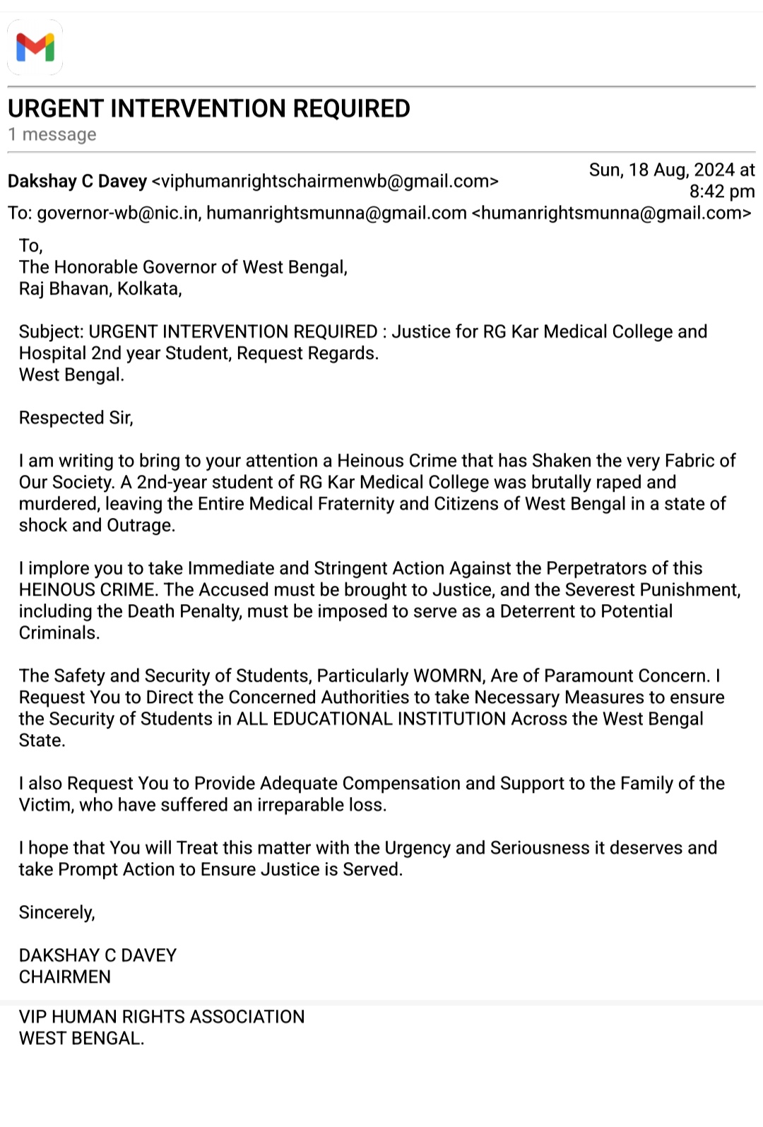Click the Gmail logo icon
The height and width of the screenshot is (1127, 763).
point(35,47)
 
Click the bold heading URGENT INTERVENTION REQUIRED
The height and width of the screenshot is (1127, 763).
point(208,109)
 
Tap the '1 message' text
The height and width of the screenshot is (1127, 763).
point(52,134)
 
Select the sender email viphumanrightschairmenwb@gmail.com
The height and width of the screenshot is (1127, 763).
point(325,182)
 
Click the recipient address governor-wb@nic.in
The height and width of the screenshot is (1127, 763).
point(117,213)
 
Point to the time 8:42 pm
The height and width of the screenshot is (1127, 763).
point(721,191)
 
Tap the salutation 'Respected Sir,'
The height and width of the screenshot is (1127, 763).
point(76,418)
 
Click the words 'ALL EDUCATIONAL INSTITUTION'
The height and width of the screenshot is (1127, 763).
point(371,719)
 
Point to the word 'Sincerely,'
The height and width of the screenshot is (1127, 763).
point(57,913)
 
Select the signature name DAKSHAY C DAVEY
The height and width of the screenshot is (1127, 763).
point(97,955)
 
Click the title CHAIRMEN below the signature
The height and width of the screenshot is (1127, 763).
point(64,977)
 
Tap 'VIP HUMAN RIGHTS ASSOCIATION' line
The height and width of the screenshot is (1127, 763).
point(162,1017)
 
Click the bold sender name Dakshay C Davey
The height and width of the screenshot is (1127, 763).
point(77,182)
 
